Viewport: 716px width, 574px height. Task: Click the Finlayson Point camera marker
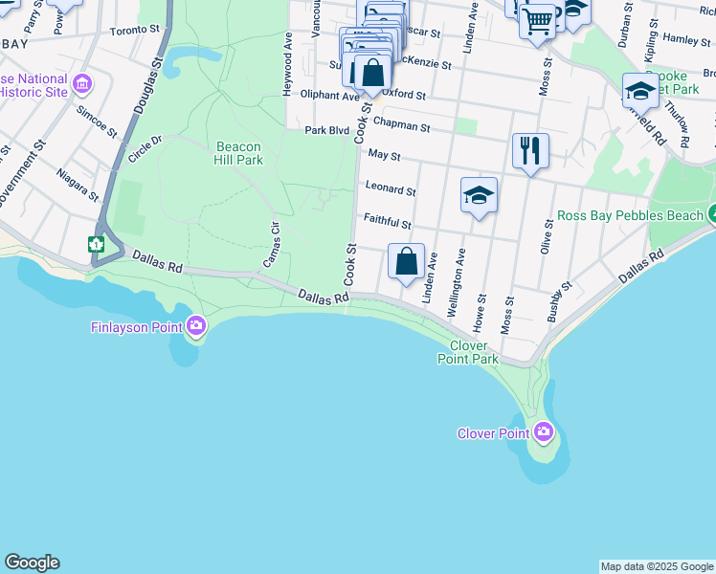coord(196,327)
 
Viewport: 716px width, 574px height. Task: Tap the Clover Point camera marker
coord(544,432)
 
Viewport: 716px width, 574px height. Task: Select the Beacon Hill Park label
coord(238,153)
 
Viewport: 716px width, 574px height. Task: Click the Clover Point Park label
coord(468,352)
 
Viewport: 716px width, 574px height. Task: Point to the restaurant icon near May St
coord(530,150)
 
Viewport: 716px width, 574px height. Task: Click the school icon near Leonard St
coord(479,196)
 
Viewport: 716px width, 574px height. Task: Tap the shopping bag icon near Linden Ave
coord(406,260)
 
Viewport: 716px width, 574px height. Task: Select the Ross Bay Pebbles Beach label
coord(630,216)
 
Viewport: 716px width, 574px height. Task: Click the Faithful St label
coord(388,224)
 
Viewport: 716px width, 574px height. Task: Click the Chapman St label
coord(402,124)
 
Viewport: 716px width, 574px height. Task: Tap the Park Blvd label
coord(327,130)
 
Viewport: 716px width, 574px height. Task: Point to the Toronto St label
coord(135,31)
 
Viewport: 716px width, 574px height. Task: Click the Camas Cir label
coord(270,244)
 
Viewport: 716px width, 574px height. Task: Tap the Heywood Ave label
coord(287,64)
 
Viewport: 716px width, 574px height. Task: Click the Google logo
coord(32,563)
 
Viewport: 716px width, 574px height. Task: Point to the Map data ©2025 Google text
coord(657,566)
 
